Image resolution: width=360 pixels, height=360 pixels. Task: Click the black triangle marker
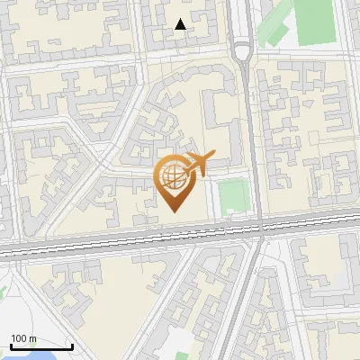point(181,24)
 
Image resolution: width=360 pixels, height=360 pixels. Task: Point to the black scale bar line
point(41,346)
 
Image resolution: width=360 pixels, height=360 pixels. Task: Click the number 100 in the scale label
point(20,338)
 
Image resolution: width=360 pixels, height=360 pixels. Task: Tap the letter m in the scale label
point(33,338)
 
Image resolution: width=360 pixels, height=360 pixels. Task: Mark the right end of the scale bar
point(72,346)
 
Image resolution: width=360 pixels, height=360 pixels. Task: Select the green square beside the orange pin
point(233,196)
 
